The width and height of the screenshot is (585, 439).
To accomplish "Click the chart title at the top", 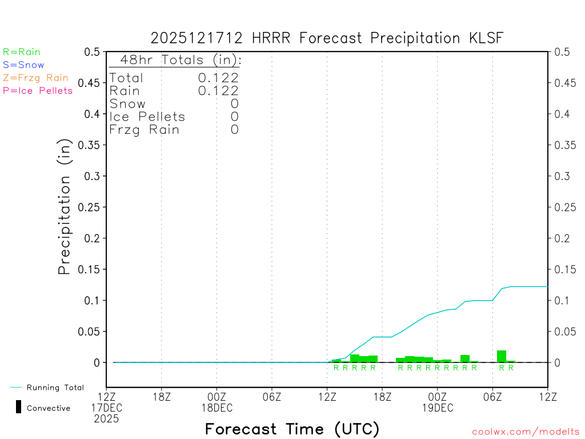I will click(327, 38).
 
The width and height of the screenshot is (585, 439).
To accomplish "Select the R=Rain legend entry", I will click(22, 52).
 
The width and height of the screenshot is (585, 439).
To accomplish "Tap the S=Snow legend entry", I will click(23, 65).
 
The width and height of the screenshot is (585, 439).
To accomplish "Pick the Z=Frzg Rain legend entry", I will click(35, 78).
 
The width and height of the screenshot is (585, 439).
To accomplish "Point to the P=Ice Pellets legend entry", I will click(38, 90).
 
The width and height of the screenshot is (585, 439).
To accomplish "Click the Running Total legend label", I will click(55, 388).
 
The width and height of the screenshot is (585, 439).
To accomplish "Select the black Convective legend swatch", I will click(18, 407).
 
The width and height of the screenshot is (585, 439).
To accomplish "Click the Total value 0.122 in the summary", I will click(218, 78).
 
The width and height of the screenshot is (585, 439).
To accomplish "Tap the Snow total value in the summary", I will click(234, 104).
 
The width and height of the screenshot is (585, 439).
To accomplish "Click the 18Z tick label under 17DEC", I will click(162, 397).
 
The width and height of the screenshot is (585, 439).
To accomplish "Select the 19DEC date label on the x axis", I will click(438, 408).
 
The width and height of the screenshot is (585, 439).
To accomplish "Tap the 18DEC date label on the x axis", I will click(217, 408).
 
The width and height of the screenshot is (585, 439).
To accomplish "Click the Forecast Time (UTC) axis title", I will click(292, 429).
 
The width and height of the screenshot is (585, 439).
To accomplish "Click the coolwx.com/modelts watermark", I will click(526, 432).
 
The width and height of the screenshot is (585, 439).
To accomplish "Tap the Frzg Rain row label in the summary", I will click(145, 130).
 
